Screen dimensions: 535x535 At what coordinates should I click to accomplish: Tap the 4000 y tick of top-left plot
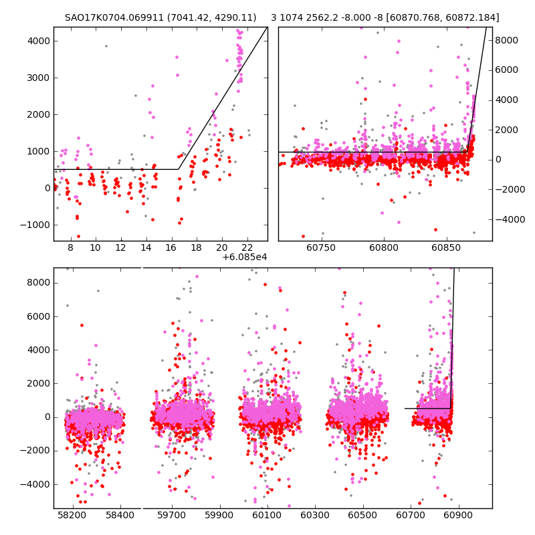pyautogui.click(x=37, y=41)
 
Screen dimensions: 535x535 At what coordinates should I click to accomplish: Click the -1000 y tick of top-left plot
pyautogui.click(x=35, y=225)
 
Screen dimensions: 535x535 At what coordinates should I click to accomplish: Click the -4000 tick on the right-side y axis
pyautogui.click(x=510, y=219)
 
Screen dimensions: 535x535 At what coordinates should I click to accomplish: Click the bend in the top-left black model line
pyautogui.click(x=179, y=169)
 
